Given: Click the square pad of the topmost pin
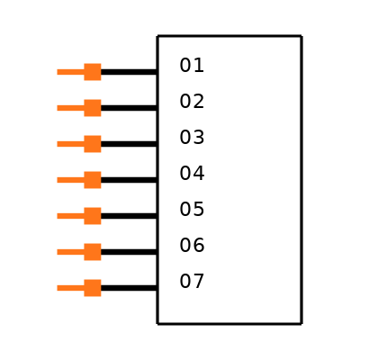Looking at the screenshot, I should tap(93, 72).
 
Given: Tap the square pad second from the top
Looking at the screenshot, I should tap(93, 108).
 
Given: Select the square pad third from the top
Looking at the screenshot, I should tap(93, 144).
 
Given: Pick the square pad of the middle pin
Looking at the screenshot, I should tap(93, 180).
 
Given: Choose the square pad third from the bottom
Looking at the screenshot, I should tap(93, 216).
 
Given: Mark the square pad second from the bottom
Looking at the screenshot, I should tap(93, 252).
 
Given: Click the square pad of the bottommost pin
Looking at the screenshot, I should tap(93, 288).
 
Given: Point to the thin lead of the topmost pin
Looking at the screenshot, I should tap(70, 72).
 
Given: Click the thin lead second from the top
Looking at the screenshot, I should tap(70, 108).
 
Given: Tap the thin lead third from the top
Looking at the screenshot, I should tap(70, 144).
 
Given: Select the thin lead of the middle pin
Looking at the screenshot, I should tap(70, 180).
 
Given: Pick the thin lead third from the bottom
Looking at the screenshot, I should tap(70, 216).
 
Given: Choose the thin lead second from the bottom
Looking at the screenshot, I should tap(70, 252).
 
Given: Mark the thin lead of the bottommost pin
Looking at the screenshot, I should tap(70, 288).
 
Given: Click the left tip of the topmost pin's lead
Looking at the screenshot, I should tap(58, 72).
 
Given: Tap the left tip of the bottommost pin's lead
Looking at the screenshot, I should tap(58, 288).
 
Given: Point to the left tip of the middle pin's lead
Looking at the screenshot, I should tap(58, 180).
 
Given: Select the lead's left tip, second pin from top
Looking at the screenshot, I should tap(58, 108).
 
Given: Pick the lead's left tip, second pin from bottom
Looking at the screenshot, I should tap(58, 252).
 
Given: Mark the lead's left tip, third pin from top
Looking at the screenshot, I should tap(58, 144).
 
